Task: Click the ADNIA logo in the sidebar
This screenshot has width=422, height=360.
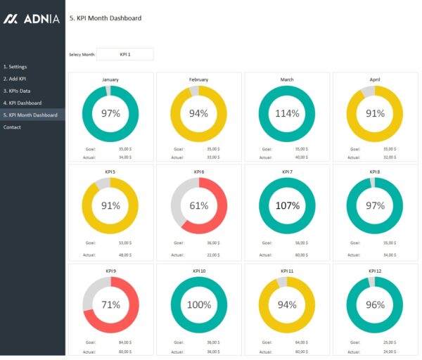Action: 32,19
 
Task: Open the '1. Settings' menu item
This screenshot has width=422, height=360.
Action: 15,67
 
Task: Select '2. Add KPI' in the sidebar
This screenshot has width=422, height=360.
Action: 15,79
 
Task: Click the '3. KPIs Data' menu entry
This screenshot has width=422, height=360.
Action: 17,91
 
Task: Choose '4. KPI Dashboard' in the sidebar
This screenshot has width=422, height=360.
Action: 23,103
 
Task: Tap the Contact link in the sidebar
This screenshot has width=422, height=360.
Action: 12,127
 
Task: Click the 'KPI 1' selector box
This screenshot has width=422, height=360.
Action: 125,54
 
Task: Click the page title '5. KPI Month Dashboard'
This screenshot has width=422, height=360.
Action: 105,18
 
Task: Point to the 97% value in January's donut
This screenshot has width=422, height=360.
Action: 110,114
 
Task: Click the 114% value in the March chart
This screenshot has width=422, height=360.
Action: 287,114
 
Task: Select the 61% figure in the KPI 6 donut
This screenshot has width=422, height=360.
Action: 199,206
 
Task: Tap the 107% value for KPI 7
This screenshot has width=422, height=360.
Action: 287,206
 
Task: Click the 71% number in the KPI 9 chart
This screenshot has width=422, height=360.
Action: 110,305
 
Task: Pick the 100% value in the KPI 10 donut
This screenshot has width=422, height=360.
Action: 199,305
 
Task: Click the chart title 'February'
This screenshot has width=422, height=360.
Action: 199,79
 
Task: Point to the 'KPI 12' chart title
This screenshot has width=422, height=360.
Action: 375,271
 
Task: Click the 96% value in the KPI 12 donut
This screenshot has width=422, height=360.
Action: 375,305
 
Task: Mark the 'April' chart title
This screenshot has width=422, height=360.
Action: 375,79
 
